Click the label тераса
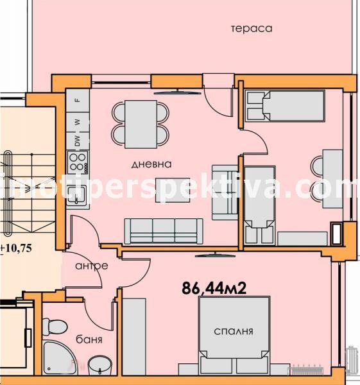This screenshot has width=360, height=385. coord(252,28)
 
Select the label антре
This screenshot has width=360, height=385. coord(91,266)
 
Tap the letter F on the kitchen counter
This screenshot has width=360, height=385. coord(77,99)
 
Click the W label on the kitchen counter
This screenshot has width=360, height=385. coord(77,121)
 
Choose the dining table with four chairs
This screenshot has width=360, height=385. coord(141,122)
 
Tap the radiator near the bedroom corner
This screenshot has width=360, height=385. coord(311,370)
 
